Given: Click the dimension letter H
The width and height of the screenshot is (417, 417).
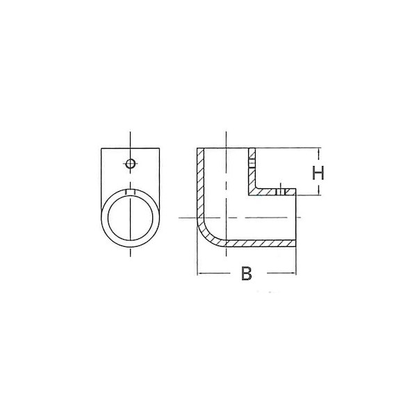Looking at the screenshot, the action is point(318,172).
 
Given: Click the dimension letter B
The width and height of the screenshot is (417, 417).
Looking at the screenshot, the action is point(246,273).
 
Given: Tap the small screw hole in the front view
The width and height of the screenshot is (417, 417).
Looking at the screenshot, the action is point(131,163).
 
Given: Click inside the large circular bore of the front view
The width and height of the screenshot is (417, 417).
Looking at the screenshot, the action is point(131,218).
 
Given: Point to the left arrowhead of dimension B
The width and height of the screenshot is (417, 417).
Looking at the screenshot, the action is point(199,273).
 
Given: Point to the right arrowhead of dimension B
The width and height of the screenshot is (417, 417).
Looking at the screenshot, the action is point(294,273).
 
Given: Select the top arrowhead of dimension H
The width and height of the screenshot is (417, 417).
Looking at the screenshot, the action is point(318,150).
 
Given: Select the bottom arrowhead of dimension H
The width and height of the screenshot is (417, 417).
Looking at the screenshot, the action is point(318,193).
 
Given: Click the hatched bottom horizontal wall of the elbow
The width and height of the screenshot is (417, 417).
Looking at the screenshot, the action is point(261,243).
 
